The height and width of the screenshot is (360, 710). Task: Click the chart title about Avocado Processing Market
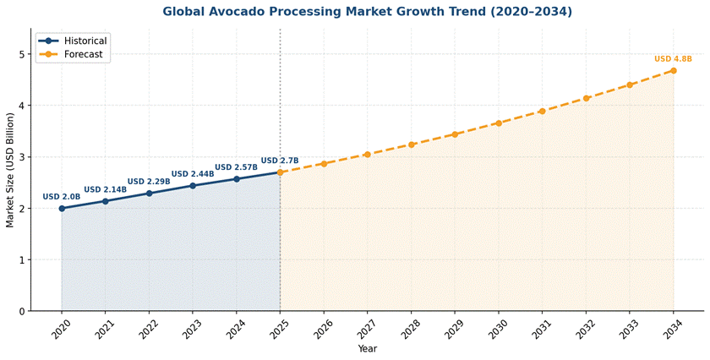(367, 12)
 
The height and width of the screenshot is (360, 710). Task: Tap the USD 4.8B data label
(673, 59)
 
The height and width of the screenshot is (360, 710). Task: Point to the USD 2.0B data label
(62, 197)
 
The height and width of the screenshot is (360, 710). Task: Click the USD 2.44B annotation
(192, 174)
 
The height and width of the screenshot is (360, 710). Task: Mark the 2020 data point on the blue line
(62, 208)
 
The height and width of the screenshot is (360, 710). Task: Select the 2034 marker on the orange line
(674, 70)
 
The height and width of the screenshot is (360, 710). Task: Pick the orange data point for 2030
(499, 123)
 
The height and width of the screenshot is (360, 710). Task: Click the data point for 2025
(280, 172)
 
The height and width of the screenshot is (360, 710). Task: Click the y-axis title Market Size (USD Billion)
(10, 170)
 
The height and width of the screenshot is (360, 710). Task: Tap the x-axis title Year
(367, 349)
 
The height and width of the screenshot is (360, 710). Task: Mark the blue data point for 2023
(193, 185)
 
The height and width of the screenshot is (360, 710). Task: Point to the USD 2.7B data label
(280, 161)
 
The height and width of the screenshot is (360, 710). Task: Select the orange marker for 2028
(412, 145)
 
